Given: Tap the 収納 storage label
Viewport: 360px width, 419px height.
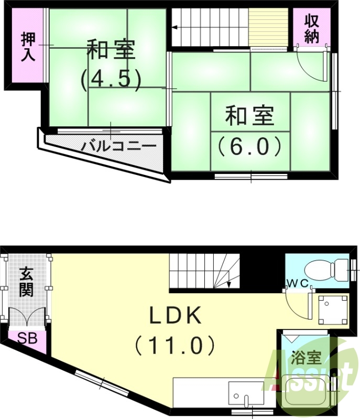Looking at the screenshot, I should pyautogui.click(x=313, y=29).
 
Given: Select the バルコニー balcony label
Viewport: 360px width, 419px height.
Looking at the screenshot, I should pyautogui.click(x=118, y=145).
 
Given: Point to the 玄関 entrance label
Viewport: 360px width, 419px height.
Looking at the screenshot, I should pyautogui.click(x=27, y=281).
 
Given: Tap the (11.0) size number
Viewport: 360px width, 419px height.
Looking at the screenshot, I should pyautogui.click(x=175, y=345).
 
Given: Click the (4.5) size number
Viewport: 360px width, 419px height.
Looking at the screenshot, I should pyautogui.click(x=111, y=79).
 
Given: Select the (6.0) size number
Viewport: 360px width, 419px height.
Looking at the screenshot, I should pyautogui.click(x=250, y=146).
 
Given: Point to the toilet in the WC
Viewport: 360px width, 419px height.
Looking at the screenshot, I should pyautogui.click(x=325, y=270).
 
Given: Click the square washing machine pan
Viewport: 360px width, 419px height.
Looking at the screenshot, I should pyautogui.click(x=333, y=309).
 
